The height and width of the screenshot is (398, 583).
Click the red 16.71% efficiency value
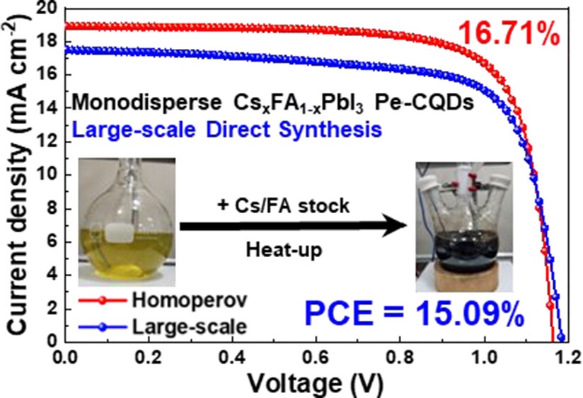tap(509, 33)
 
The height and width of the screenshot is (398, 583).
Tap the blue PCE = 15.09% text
tap(414, 314)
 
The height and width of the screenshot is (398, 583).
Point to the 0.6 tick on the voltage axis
tap(316, 358)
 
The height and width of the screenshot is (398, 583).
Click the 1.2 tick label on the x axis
tap(567, 358)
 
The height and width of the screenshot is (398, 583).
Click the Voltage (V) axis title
tap(316, 383)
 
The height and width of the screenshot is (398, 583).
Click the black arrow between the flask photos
tap(293, 226)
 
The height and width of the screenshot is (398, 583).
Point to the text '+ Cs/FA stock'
tap(283, 205)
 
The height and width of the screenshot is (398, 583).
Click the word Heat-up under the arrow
tap(284, 250)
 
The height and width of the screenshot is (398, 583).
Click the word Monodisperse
tap(147, 103)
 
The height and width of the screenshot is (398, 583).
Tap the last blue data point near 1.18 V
tap(561, 337)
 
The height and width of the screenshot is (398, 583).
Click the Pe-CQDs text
tap(425, 103)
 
